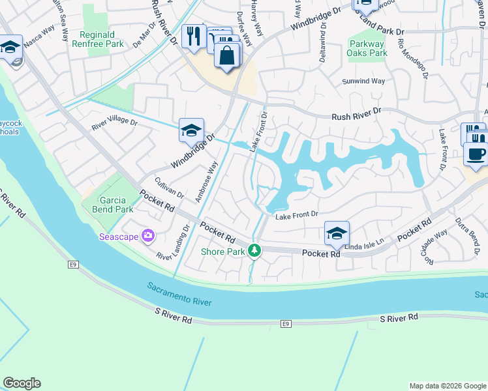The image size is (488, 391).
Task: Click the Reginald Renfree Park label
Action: pyautogui.click(x=101, y=39)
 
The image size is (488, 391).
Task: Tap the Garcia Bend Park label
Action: pyautogui.click(x=107, y=205)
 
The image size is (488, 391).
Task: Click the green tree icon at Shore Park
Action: pyautogui.click(x=254, y=250)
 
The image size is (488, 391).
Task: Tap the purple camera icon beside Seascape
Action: pyautogui.click(x=148, y=236)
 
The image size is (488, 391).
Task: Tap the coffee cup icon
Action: pyautogui.click(x=475, y=154)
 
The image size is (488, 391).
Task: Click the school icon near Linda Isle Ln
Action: pyautogui.click(x=336, y=233)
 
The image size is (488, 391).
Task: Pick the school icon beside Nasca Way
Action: pyautogui.click(x=10, y=47)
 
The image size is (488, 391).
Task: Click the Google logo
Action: pyautogui.click(x=22, y=383)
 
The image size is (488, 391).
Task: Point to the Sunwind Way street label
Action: pyautogui.click(x=364, y=81)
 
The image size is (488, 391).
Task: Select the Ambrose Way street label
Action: pyautogui.click(x=207, y=177)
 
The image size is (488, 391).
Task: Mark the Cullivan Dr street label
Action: pyautogui.click(x=169, y=188)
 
